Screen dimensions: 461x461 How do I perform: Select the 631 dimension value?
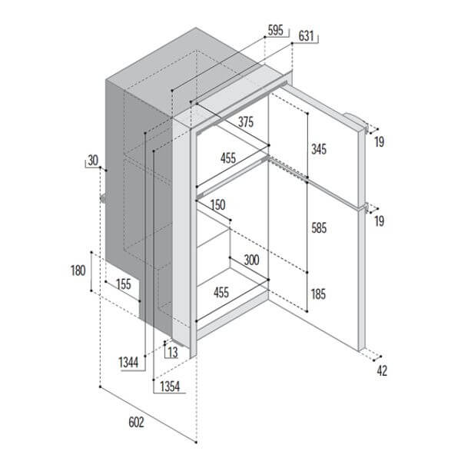306,35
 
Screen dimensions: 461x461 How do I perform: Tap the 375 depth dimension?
246,121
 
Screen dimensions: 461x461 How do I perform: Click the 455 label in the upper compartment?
228,158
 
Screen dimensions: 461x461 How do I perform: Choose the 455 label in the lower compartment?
221,291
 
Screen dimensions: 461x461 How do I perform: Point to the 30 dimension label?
93,160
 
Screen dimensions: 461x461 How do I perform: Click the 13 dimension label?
171,352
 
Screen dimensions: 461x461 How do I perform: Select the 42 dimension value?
382,371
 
